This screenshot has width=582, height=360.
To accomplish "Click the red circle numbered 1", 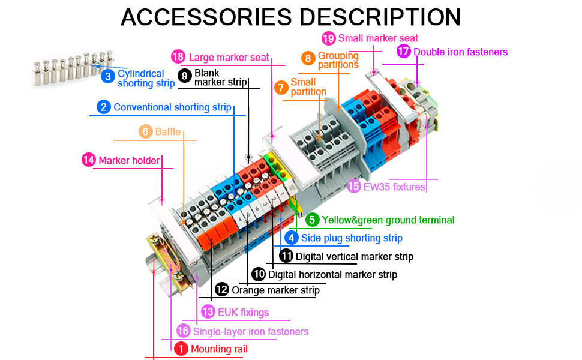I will click(181, 348).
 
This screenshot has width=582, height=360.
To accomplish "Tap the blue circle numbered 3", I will click(108, 76).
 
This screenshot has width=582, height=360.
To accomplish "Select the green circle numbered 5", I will click(312, 220).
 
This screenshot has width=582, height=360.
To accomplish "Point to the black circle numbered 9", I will click(185, 76).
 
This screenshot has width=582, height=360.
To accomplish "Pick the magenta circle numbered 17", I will click(403, 52).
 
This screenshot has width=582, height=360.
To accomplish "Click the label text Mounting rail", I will click(219, 349).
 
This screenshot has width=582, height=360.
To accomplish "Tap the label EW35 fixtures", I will click(394, 187).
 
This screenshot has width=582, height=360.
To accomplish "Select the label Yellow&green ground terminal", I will click(388, 220).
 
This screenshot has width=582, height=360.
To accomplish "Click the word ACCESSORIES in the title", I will click(207, 17).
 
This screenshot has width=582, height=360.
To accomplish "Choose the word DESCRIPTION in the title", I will click(380, 17).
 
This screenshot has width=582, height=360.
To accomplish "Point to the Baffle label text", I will click(167, 131).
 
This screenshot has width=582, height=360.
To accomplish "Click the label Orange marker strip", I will click(275, 290).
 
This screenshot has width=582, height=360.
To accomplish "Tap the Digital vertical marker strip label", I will click(354, 256).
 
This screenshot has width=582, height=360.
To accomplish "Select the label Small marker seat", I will click(378, 38).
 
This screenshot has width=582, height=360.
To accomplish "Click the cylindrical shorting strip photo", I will click(73, 70).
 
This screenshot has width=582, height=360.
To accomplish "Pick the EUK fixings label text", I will click(243, 312).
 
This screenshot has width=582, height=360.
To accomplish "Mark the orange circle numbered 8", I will click(308, 58).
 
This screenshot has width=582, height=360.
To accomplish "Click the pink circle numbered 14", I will click(89, 160).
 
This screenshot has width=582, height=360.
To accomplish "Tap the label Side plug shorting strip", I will click(352, 238).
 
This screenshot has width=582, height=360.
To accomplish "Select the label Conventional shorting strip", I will click(172, 107).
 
